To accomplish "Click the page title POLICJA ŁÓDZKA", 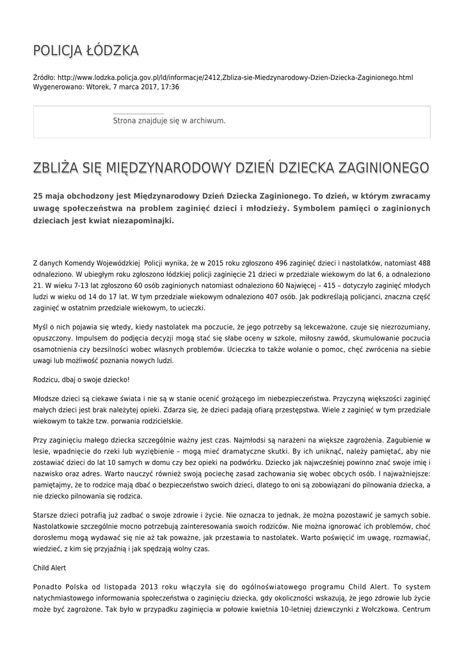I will coord(86,51).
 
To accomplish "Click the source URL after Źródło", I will coord(235,77).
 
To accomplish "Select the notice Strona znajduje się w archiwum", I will coord(169,120).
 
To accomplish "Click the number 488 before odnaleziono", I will coord(423,262).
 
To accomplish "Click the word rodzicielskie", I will coord(160,421).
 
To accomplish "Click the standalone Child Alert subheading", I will coord(49,567).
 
